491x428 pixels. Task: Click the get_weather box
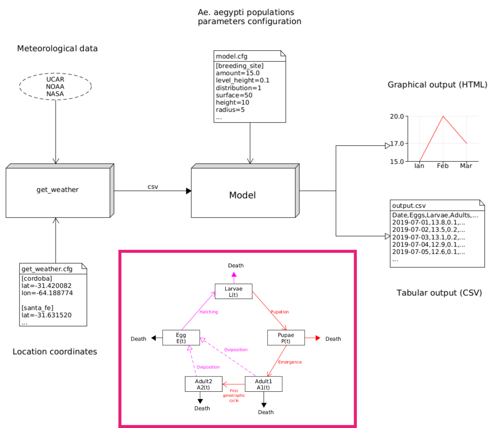[57, 190]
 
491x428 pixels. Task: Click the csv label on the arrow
[153, 186]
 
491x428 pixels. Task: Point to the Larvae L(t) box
[233, 292]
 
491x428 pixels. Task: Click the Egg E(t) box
[181, 338]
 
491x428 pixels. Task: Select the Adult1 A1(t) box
[263, 384]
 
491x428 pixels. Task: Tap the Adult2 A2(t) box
[203, 384]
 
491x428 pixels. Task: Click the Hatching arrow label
[209, 312]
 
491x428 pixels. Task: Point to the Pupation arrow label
[279, 312]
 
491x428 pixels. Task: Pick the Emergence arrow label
[290, 362]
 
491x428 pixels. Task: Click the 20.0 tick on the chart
[397, 116]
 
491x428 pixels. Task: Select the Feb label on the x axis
[443, 166]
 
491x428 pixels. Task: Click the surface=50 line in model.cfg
[234, 95]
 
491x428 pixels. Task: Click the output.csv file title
[408, 206]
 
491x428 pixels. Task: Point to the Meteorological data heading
[57, 48]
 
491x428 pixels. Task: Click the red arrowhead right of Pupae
[317, 338]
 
